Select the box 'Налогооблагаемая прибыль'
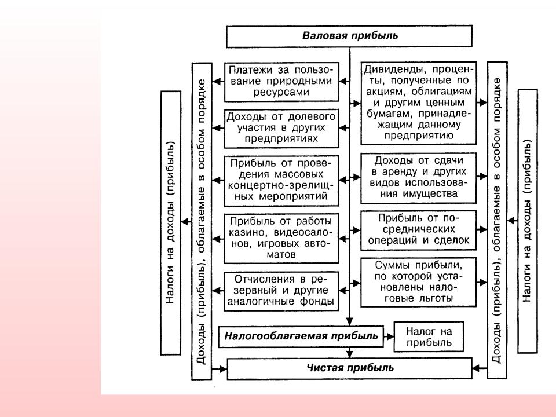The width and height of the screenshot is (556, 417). pos(301,335)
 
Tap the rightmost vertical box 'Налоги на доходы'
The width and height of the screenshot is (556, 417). pos(527,221)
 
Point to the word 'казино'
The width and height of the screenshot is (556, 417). pos(244,232)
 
